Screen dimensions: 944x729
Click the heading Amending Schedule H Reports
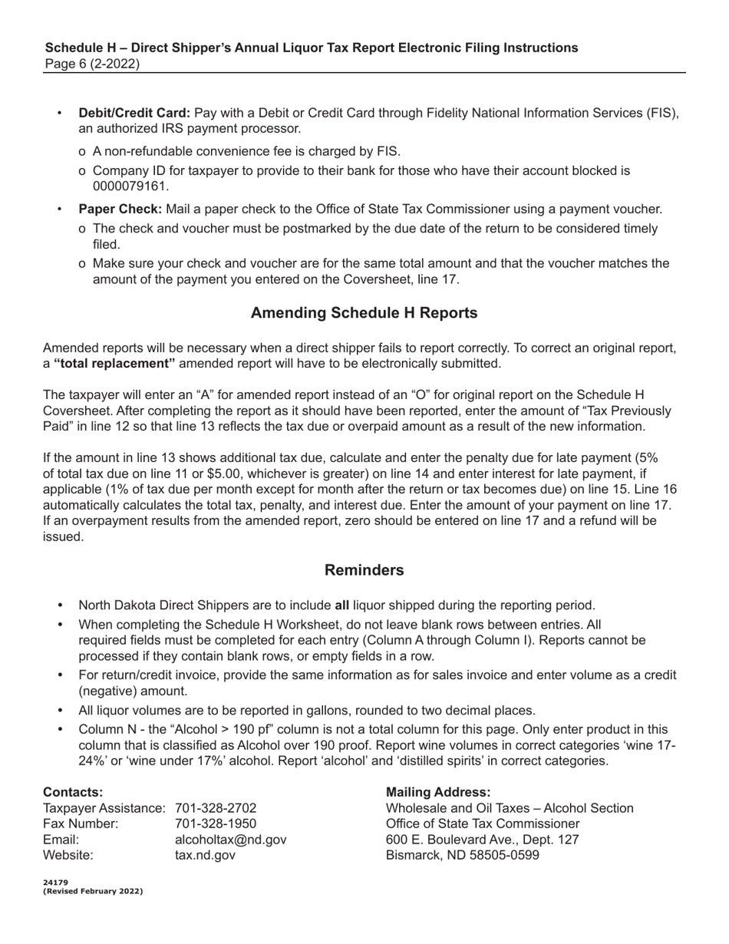(364, 313)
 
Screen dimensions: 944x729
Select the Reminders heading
(364, 570)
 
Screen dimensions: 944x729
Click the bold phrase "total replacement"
(114, 363)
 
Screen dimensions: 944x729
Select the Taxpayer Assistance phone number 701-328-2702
(216, 808)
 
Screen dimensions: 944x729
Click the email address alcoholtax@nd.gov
(231, 840)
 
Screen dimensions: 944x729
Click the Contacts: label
(73, 792)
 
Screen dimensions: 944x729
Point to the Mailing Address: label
(438, 792)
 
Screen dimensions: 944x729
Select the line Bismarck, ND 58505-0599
(463, 855)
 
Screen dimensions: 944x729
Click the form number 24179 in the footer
(55, 883)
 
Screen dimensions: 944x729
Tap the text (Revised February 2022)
(93, 891)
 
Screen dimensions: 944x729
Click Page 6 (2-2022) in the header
(91, 64)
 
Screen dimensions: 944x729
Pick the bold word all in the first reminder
(342, 606)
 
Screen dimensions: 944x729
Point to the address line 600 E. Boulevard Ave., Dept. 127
(482, 840)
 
